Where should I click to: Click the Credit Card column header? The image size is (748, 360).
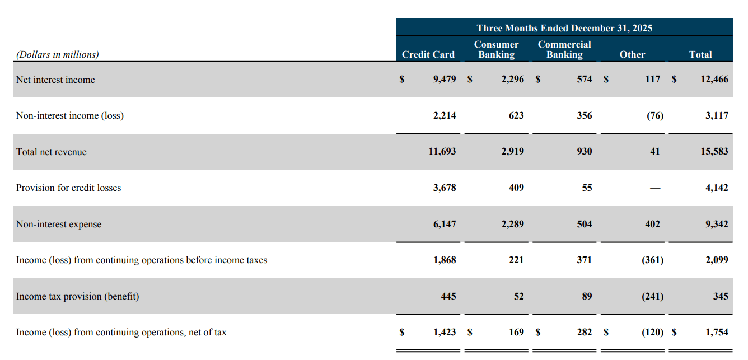coord(428,54)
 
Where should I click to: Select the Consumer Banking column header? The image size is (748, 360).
coord(496,49)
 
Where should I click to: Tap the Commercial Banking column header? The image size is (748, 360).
coord(564,49)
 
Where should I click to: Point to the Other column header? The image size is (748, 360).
coord(632,54)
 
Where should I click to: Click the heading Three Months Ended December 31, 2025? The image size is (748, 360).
coord(564,28)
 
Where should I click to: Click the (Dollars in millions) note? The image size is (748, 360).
coord(58,54)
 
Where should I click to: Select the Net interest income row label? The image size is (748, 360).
coord(55,80)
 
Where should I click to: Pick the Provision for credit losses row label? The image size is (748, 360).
coord(68,188)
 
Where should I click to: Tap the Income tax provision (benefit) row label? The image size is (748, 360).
coord(77,296)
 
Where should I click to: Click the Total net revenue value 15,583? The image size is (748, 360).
coord(714,152)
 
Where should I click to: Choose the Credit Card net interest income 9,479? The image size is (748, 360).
coord(445,80)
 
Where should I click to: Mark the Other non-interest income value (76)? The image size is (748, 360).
coord(655,115)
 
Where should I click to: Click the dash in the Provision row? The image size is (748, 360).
coord(655,188)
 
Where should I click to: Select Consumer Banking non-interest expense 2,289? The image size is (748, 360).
coord(513,224)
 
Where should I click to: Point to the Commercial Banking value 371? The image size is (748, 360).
coord(584,260)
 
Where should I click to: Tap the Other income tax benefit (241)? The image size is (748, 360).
coord(652,296)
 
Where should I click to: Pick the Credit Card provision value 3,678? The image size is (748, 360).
coord(445,188)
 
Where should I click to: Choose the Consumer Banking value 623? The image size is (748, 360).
coord(516,115)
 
